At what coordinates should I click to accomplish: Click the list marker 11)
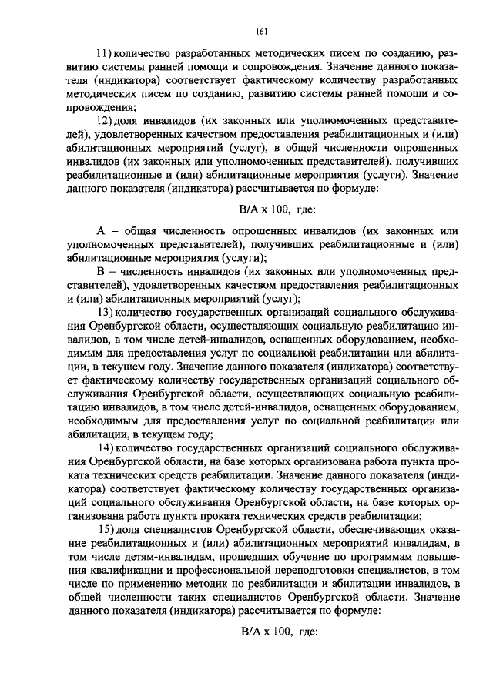104,52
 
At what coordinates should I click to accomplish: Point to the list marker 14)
105,448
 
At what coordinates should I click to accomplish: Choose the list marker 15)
105,531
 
